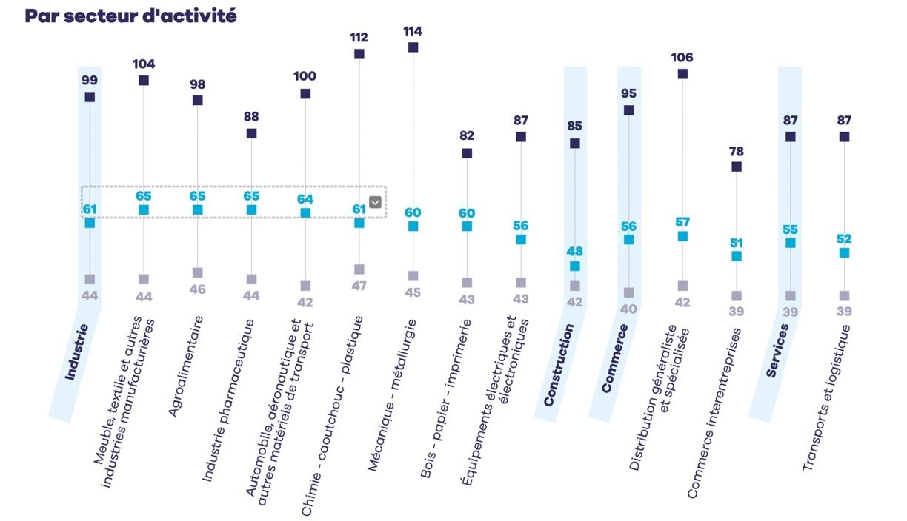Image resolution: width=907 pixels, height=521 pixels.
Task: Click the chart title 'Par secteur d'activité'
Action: (131, 16)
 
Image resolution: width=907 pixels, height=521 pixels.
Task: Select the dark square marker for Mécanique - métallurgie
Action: (413, 47)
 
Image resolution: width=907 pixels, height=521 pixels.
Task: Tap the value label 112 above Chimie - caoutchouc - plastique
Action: (359, 38)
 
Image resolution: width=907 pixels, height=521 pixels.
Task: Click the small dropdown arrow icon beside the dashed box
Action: (375, 202)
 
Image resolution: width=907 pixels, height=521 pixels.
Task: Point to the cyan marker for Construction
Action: (575, 266)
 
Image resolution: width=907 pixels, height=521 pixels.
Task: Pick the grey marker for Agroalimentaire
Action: (198, 273)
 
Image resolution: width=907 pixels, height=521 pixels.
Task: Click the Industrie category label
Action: (76, 352)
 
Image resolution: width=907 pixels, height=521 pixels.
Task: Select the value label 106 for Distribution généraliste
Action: (682, 58)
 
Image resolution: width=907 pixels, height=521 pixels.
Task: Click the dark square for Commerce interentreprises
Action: (736, 167)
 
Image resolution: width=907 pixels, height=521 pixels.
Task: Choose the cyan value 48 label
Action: (574, 252)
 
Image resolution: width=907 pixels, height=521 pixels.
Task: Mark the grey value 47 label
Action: (359, 285)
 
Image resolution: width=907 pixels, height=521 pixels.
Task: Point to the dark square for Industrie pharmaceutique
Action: (251, 134)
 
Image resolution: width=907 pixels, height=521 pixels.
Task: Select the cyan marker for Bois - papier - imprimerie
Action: (467, 226)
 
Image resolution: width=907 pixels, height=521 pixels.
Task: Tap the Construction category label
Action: (559, 365)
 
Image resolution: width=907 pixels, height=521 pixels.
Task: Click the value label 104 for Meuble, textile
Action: (144, 64)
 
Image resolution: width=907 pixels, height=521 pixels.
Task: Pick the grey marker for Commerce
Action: (628, 293)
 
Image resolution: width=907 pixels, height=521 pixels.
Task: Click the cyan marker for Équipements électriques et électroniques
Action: (521, 240)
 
